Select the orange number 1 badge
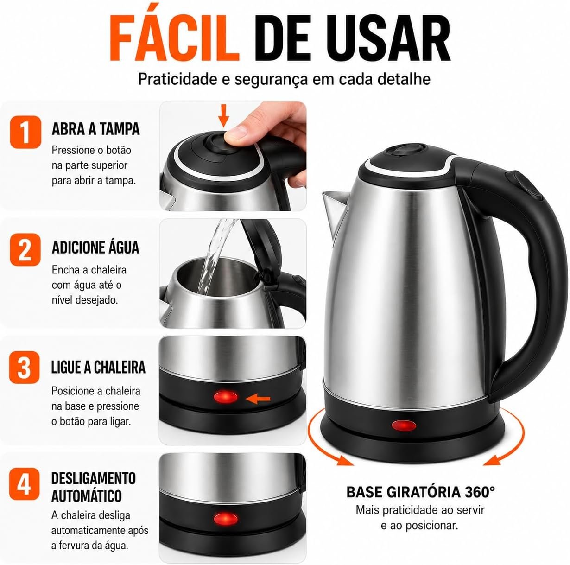point(25,132)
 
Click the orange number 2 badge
point(25,249)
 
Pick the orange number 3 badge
point(25,368)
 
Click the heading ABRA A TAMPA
point(95,129)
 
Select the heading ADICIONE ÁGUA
point(95,248)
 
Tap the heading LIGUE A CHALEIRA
point(98,367)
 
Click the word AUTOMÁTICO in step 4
point(86,496)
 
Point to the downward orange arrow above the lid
point(224,115)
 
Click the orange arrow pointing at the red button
point(258,399)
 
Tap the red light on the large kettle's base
point(404,425)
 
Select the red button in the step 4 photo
point(226,519)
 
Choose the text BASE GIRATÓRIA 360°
point(421,492)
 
